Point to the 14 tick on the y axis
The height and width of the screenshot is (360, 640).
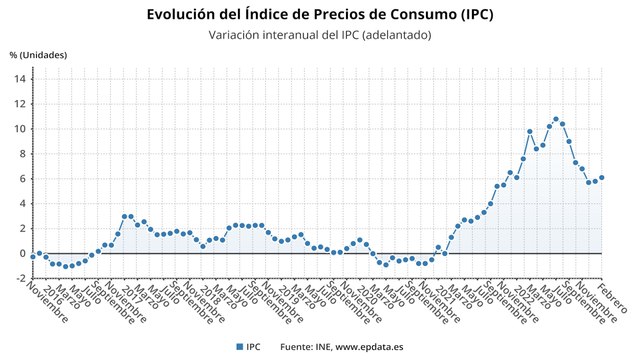click(22, 79)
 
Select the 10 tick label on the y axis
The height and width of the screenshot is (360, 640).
click(22, 129)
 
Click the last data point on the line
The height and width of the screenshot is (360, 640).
click(602, 178)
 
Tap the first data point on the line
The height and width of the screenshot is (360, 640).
click(33, 256)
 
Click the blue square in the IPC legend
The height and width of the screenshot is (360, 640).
click(239, 346)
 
